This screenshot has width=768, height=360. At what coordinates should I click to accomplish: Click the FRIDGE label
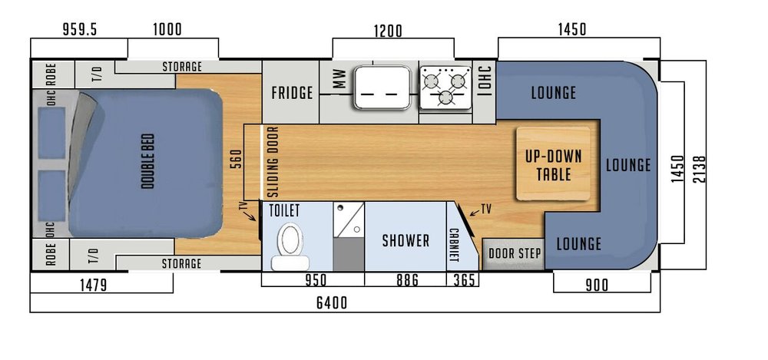pyautogui.click(x=292, y=93)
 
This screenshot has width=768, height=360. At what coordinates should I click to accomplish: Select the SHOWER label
pyautogui.click(x=406, y=241)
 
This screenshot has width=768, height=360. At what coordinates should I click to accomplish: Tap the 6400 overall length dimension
pyautogui.click(x=332, y=303)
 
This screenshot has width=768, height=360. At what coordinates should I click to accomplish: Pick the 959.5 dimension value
pyautogui.click(x=81, y=30)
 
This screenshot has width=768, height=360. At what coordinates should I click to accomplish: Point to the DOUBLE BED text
pyautogui.click(x=147, y=161)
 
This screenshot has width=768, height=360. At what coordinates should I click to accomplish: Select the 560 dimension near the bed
pyautogui.click(x=237, y=158)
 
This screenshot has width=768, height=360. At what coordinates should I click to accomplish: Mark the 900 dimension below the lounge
pyautogui.click(x=595, y=286)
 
